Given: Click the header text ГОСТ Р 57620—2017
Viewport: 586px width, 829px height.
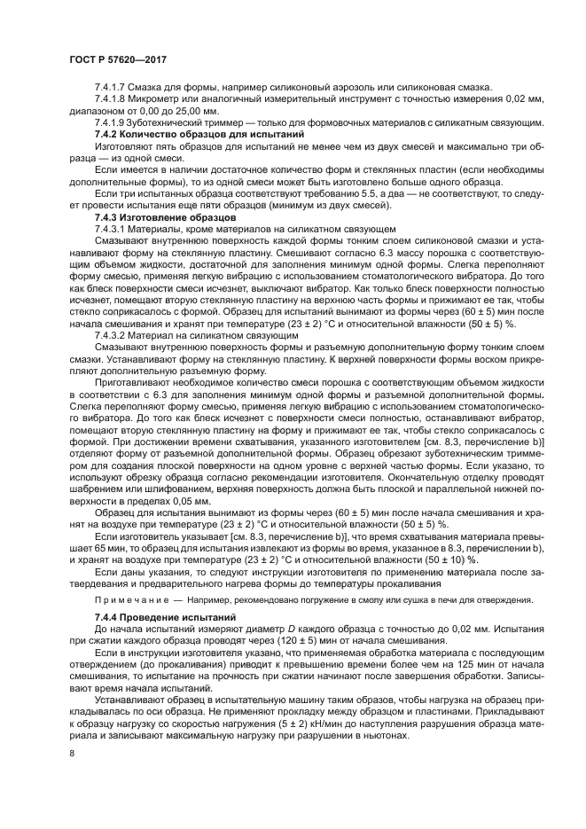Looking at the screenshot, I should pyautogui.click(x=117, y=59).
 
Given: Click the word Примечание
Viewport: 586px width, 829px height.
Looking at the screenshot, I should pyautogui.click(x=127, y=599).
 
